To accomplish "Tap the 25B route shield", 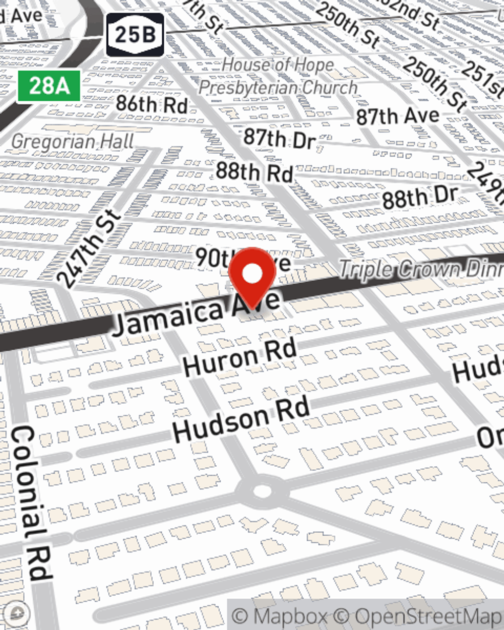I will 135,35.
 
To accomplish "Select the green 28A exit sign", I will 49,86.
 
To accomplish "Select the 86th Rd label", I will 152,104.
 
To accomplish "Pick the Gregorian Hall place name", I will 73,142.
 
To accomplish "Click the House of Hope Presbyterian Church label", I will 278,76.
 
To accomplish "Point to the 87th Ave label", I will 398,116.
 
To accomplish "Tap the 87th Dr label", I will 280,138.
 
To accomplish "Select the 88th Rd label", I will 255,172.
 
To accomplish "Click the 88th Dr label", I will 420,197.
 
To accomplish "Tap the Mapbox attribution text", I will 280,616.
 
